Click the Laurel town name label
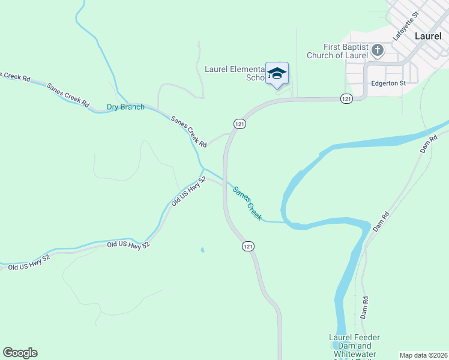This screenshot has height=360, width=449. pyautogui.click(x=428, y=36)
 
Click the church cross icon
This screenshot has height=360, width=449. pyautogui.click(x=378, y=50)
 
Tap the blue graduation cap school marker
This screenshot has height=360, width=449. pyautogui.click(x=277, y=74)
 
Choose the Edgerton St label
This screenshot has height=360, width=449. pyautogui.click(x=388, y=83)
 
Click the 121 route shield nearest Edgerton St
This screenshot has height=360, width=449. pyautogui.click(x=346, y=98)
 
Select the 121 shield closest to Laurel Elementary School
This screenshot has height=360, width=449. pyautogui.click(x=238, y=123)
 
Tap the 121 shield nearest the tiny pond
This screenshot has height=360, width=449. pyautogui.click(x=248, y=247)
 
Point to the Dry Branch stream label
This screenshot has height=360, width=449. pyautogui.click(x=125, y=107)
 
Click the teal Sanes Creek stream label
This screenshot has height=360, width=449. pyautogui.click(x=247, y=203)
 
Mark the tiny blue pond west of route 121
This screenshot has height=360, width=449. pyautogui.click(x=202, y=250)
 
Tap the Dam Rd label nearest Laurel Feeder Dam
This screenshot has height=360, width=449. pyautogui.click(x=364, y=307)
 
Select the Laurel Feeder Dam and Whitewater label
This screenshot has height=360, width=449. pyautogui.click(x=354, y=346)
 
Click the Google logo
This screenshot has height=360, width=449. pyautogui.click(x=20, y=353)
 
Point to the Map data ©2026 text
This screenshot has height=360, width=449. pyautogui.click(x=423, y=355)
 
